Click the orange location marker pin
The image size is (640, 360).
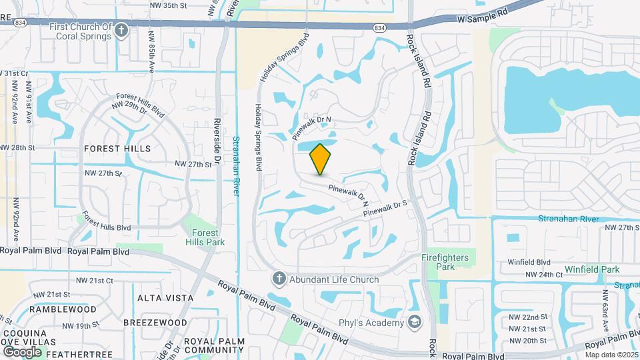321,159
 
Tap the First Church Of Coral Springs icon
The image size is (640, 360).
121,30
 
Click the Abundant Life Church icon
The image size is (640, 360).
279,279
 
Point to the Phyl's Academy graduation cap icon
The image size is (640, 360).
415,323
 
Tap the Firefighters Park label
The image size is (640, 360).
445,261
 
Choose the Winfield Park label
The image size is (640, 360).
592,269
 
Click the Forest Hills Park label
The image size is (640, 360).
201,237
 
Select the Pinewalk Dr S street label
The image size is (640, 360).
385,209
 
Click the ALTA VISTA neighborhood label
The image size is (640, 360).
159,297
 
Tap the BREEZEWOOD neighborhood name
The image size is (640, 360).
155,322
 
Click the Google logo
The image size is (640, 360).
22,351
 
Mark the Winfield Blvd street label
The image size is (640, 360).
529,262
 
